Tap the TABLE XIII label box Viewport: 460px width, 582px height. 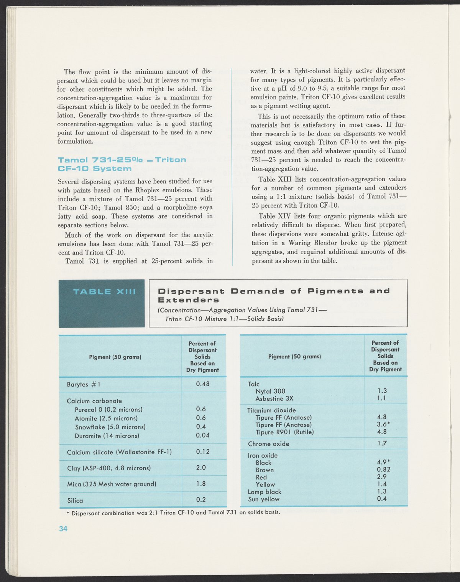click(x=102, y=303)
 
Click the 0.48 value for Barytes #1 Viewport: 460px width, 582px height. click(x=202, y=384)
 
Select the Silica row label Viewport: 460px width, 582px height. click(x=75, y=500)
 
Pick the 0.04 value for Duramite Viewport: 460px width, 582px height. click(x=203, y=435)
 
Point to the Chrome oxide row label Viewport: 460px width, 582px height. click(x=268, y=444)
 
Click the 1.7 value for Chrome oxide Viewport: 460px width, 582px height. click(x=382, y=443)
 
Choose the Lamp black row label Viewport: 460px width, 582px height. click(x=264, y=491)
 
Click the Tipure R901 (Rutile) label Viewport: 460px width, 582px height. click(x=284, y=432)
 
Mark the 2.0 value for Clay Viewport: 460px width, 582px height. click(x=201, y=468)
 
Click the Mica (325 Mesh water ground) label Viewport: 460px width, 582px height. click(x=112, y=484)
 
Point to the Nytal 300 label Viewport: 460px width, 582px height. click(x=270, y=391)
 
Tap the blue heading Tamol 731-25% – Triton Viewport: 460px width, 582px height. click(x=122, y=160)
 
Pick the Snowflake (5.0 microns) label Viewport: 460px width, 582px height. click(x=110, y=427)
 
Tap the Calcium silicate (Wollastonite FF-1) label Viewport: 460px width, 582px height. click(x=119, y=452)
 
